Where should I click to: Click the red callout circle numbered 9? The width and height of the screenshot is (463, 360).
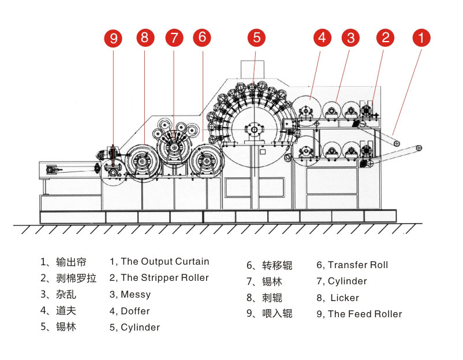coord(114,39)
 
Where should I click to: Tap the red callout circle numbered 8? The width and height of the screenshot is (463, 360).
coord(144,39)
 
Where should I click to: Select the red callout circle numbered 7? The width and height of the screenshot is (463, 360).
coord(174,39)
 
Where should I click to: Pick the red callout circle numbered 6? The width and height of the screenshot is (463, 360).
coord(201,38)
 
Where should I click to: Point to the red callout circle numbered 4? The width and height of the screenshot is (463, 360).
coord(322,38)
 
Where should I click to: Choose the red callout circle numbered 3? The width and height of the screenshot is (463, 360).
coord(350,38)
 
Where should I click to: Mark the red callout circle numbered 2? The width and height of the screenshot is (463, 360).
coord(386,38)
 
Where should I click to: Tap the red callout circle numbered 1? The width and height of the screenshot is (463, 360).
coord(421,38)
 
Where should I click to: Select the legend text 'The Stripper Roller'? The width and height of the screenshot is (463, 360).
coord(165,278)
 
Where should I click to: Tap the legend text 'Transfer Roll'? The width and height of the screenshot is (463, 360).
coord(357,265)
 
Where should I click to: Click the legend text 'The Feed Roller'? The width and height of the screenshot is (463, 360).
coord(364,314)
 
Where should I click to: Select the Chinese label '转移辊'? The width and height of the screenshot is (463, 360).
coord(277,266)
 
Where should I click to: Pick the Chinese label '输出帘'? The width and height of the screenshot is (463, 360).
coord(69,262)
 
